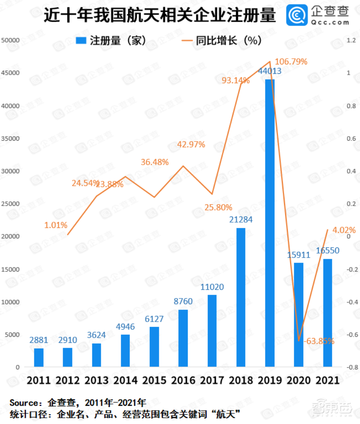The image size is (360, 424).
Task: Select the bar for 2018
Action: click(x=241, y=297)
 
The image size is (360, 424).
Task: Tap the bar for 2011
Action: click(x=39, y=358)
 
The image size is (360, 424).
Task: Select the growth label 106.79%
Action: click(x=291, y=62)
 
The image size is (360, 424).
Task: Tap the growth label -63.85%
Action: click(x=318, y=341)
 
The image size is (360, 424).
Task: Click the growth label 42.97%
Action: click(x=191, y=144)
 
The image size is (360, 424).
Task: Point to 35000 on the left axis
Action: click(x=11, y=138)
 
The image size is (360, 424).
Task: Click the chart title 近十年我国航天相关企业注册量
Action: click(x=159, y=16)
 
